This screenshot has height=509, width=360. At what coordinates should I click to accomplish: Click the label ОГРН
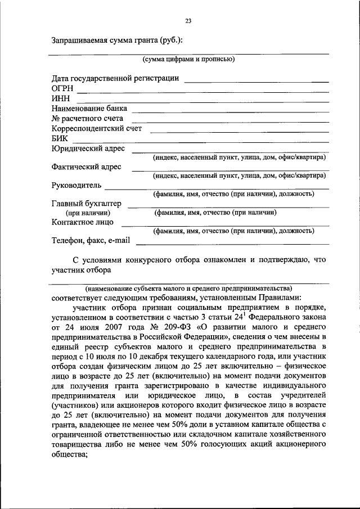(62, 88)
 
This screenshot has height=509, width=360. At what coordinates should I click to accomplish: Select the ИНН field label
(60, 98)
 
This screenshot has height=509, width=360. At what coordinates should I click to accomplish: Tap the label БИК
(60, 138)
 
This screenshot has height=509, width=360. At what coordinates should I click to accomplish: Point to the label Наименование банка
(89, 108)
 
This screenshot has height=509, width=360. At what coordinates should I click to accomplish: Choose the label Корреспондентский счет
(96, 128)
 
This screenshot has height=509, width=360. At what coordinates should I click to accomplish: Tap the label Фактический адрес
(87, 167)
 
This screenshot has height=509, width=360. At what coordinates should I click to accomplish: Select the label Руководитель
(76, 185)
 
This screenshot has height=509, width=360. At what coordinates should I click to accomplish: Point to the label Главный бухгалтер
(86, 204)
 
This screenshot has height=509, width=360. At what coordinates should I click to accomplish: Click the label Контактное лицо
(82, 222)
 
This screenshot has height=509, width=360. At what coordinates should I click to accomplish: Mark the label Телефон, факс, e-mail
(90, 240)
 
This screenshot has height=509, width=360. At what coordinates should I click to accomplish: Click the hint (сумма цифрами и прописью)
(188, 58)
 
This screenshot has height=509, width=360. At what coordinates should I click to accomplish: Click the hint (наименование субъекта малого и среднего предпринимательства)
(188, 287)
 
